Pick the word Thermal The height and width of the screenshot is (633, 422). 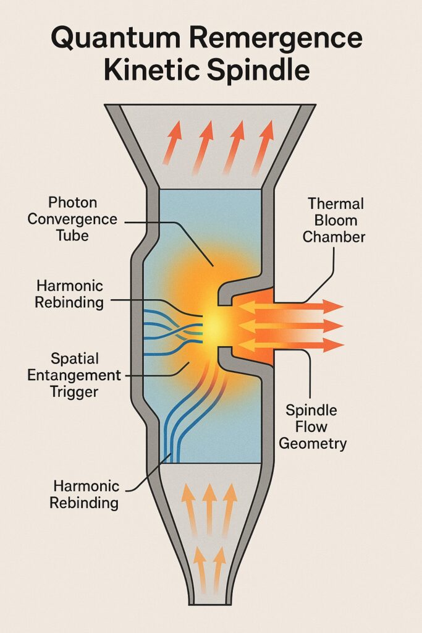pos(336,204)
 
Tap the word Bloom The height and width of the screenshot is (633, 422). pos(336,220)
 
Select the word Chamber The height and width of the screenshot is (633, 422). pos(336,236)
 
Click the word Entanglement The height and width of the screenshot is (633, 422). pos(77,375)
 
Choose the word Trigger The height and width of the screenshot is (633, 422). pos(77,391)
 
